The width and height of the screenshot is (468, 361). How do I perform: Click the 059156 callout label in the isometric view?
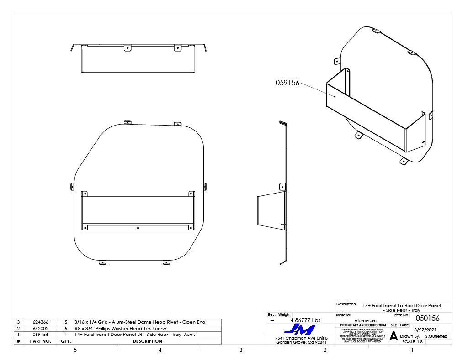(287, 83)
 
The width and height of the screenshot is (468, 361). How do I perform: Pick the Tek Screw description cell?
(120, 328)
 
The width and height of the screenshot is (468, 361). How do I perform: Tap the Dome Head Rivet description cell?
(140, 322)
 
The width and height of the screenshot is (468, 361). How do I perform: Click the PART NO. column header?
(40, 341)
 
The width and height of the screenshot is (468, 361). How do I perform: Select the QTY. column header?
(66, 341)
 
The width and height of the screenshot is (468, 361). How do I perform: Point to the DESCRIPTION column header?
(148, 341)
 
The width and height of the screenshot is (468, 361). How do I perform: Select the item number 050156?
(427, 318)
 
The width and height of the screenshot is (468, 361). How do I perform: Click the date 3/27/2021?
(425, 329)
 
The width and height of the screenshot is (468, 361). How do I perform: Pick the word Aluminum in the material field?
(365, 321)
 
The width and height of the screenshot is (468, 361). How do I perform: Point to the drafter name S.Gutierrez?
(436, 336)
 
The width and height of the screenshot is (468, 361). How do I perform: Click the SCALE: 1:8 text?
(413, 341)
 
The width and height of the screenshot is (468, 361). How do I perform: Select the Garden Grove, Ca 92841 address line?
(301, 342)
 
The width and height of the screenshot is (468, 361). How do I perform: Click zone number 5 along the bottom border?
(75, 350)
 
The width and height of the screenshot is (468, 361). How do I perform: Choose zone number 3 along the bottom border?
(241, 350)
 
